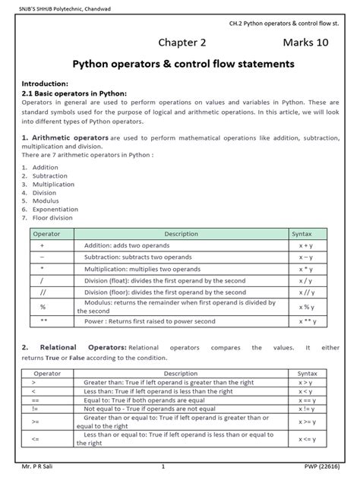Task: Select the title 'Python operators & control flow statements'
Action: (183, 65)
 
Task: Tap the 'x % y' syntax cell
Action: (307, 306)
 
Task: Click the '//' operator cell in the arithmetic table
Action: (41, 292)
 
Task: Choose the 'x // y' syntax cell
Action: (307, 292)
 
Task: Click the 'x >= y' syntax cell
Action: (308, 422)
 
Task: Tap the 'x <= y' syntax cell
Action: (308, 440)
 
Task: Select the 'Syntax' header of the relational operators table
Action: (308, 374)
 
